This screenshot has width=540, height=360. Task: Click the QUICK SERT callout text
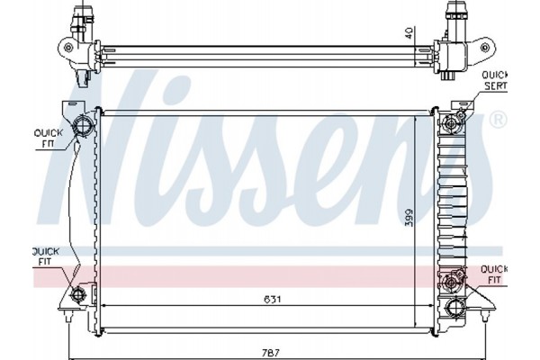pyautogui.click(x=494, y=79)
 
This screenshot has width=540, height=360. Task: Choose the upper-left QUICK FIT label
pyautogui.click(x=45, y=136)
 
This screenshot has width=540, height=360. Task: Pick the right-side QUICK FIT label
pyautogui.click(x=493, y=274)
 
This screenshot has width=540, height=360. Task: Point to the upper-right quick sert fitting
pyautogui.click(x=462, y=115)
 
